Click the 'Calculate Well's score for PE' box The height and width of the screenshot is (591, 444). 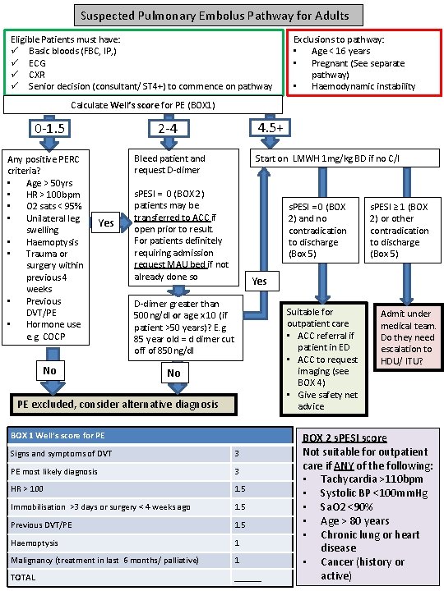143,105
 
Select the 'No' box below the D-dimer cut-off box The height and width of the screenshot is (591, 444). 173,372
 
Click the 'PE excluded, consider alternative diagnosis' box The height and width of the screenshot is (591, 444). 123,404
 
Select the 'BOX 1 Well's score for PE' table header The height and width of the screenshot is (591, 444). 149,434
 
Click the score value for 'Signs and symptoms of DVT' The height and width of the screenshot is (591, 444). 238,453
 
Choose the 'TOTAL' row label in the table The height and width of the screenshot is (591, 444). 24,577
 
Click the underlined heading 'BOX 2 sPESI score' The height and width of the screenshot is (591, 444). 345,438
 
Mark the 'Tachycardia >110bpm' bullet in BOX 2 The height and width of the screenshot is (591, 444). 371,479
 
